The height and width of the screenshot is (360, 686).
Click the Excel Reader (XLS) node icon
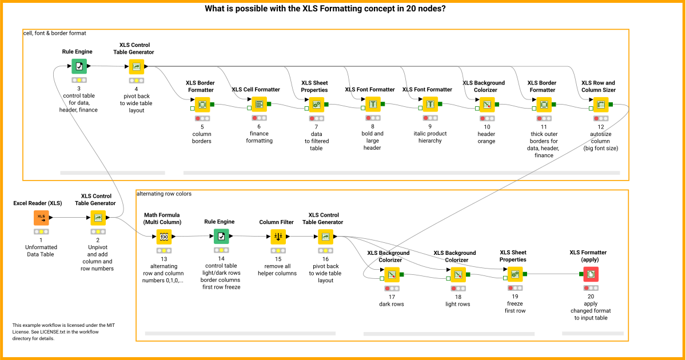(x=41, y=218)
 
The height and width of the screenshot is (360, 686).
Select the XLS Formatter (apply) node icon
(x=591, y=274)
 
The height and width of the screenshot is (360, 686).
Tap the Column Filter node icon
(x=278, y=237)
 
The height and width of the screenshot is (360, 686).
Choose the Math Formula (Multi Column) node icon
(x=164, y=237)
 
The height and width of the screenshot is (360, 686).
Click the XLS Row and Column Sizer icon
(x=600, y=105)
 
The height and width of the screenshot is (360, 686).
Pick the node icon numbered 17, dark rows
(x=392, y=275)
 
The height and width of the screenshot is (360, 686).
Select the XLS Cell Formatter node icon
(x=259, y=105)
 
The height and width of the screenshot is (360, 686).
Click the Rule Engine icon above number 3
(x=79, y=66)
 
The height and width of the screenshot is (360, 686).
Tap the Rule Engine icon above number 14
(x=221, y=237)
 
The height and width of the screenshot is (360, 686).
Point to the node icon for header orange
(x=486, y=105)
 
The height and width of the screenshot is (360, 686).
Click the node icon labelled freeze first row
(x=514, y=275)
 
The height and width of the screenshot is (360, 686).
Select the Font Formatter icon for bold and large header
(x=373, y=105)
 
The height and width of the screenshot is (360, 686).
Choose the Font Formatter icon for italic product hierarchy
(x=430, y=105)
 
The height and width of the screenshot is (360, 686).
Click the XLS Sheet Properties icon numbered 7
(x=316, y=105)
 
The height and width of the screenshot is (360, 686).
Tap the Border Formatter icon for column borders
(x=202, y=105)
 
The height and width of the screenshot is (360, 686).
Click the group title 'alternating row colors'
(x=164, y=194)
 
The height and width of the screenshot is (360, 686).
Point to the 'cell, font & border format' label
(x=54, y=33)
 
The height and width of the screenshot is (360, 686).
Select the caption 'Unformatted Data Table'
(x=41, y=251)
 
